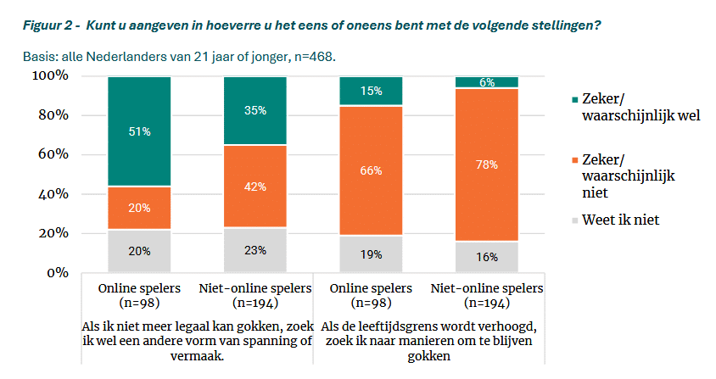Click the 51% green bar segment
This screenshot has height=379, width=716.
coord(139,131)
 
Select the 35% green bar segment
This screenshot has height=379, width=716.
coord(255,110)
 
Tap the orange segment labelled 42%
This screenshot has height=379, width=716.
coord(255,186)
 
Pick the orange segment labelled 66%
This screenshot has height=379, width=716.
coord(371,170)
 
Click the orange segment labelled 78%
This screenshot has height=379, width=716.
coord(486,164)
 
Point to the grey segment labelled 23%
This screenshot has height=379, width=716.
coord(255,250)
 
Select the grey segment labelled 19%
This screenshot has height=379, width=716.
coord(371,254)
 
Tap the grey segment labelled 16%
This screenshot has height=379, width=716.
coord(486,257)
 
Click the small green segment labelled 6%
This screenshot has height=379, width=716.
coord(486,82)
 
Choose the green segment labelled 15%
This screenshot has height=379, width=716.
coord(371,91)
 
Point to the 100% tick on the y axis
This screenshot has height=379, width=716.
coord(52,76)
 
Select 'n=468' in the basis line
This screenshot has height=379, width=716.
coord(312,58)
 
